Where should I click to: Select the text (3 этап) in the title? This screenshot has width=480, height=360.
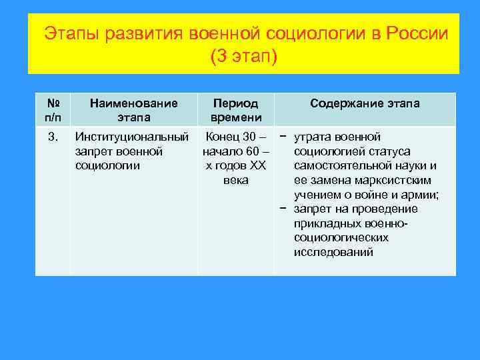243,57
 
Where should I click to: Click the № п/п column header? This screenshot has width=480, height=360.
53,110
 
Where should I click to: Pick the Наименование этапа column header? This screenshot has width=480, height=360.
133,110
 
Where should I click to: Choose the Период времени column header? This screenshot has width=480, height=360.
235,110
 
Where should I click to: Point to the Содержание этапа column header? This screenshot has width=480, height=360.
365,103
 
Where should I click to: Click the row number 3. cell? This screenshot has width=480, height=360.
53,137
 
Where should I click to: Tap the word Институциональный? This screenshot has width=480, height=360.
132,137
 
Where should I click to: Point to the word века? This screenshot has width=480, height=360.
236,180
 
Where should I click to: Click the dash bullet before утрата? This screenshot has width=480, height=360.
284,137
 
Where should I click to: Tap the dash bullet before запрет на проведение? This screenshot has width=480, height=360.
284,209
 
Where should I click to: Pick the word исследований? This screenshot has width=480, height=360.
333,253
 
